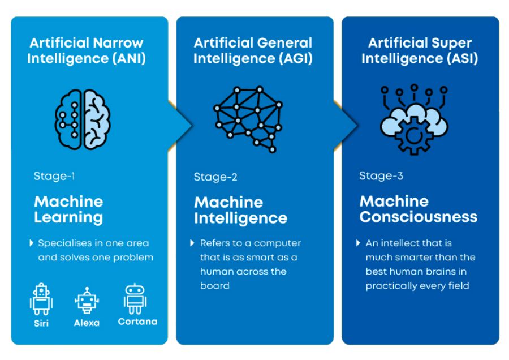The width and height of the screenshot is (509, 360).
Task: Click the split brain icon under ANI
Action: click(83, 119)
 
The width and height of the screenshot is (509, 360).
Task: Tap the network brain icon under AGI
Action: click(248, 119)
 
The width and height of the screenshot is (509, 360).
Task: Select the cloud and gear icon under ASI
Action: click(414, 119)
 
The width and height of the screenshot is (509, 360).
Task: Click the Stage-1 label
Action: click(54, 176)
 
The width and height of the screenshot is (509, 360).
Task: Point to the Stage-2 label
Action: click(215, 177)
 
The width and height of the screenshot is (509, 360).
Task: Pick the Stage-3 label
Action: click(381, 176)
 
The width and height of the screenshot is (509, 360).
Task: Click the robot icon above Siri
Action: click(41, 299)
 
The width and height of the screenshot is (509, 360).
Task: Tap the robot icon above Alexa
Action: click(87, 301)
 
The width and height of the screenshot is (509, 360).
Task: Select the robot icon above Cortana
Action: click(135, 299)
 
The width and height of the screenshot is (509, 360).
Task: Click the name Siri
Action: click(41, 323)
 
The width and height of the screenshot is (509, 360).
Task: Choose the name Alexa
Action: click(87, 323)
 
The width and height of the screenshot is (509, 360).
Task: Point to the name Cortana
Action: click(137, 322)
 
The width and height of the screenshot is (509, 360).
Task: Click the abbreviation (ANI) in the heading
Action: click(129, 58)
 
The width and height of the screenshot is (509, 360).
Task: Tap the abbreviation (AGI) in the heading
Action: click(295, 58)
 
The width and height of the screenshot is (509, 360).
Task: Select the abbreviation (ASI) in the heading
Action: click(462, 58)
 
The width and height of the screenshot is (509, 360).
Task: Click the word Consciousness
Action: click(419, 217)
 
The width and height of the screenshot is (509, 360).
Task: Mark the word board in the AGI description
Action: click(214, 286)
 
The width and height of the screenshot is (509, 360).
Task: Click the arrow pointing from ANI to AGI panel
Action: click(180, 126)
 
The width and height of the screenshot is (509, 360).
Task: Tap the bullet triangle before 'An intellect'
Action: click(358, 243)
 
